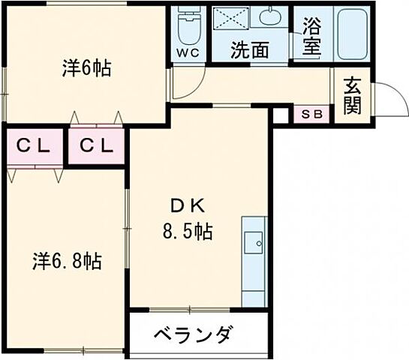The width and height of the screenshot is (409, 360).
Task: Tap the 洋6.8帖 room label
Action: tap(68, 262)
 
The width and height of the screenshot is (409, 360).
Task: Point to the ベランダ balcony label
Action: tap(193, 334)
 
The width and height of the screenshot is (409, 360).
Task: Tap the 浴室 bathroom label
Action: tap(311, 36)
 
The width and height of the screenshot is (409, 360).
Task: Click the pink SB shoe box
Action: tap(311, 115)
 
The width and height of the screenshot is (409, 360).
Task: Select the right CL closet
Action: tap(97, 147)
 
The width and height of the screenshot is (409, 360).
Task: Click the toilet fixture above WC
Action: tap(187, 27)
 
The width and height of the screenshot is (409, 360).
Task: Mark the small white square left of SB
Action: tap(281, 115)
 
